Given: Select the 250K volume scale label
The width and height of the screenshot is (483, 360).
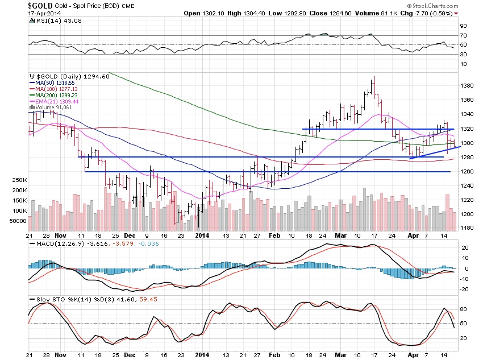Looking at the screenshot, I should point(14,180).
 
